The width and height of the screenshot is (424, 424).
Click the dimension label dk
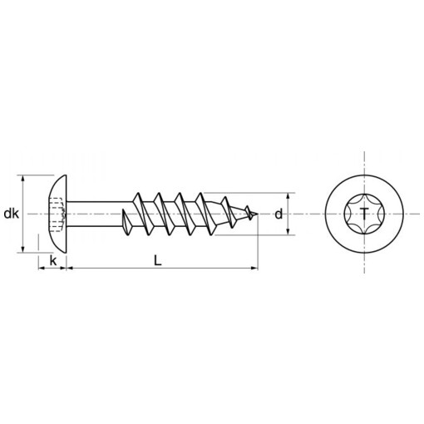pos(12,214)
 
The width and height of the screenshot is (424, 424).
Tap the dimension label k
pos(53,260)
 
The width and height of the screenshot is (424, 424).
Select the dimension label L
pos(158,260)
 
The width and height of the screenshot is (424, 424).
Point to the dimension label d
pos(279,214)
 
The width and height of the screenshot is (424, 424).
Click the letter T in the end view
pos(364,214)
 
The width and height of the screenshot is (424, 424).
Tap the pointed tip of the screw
pos(258,214)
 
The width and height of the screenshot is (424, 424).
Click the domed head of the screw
pos(57,214)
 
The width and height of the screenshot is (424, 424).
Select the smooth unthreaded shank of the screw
pos(100,214)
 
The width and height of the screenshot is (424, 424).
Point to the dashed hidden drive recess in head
pos(57,214)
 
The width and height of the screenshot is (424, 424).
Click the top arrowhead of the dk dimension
pos(22,179)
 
